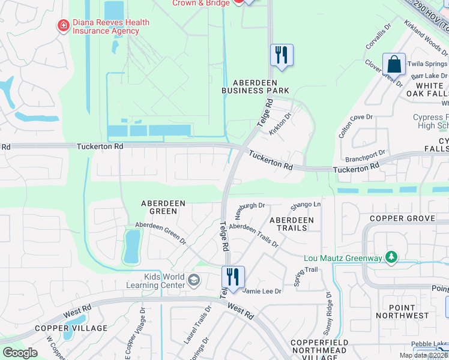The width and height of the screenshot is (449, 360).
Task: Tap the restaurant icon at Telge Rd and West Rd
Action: (233, 277)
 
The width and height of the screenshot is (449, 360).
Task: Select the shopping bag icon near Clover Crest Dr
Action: (394, 64)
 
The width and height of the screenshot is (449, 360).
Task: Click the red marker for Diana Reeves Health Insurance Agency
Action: (62, 25)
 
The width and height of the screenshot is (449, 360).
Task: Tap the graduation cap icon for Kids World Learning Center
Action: (193, 280)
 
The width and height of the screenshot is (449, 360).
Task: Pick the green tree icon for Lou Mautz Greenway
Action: (391, 257)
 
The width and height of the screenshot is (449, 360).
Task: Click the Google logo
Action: (20, 353)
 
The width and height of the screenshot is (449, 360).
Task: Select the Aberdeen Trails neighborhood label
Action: (292, 224)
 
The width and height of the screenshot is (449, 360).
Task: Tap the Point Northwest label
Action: (402, 311)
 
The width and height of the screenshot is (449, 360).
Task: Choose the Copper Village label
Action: (71, 328)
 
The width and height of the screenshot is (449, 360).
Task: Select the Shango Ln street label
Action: (306, 205)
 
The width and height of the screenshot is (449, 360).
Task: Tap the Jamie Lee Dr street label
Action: (262, 290)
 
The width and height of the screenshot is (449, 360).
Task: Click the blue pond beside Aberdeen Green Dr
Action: (130, 247)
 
